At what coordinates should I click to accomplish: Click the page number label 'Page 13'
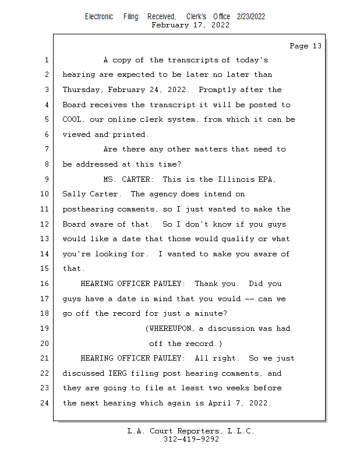[305, 46]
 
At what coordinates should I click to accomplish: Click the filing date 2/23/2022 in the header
[251, 17]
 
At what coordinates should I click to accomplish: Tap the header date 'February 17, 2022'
[190, 25]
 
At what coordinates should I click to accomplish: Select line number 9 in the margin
[46, 179]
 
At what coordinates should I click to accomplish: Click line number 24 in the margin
[44, 403]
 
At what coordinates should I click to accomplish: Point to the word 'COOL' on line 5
[73, 119]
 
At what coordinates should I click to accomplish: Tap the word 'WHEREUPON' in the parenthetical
[172, 329]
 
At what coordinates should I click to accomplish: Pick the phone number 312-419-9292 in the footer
[191, 440]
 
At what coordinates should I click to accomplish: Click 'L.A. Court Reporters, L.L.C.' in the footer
[190, 432]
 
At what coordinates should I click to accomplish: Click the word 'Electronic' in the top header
[99, 17]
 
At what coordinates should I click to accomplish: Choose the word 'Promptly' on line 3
[219, 90]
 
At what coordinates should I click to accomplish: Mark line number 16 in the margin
[44, 284]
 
